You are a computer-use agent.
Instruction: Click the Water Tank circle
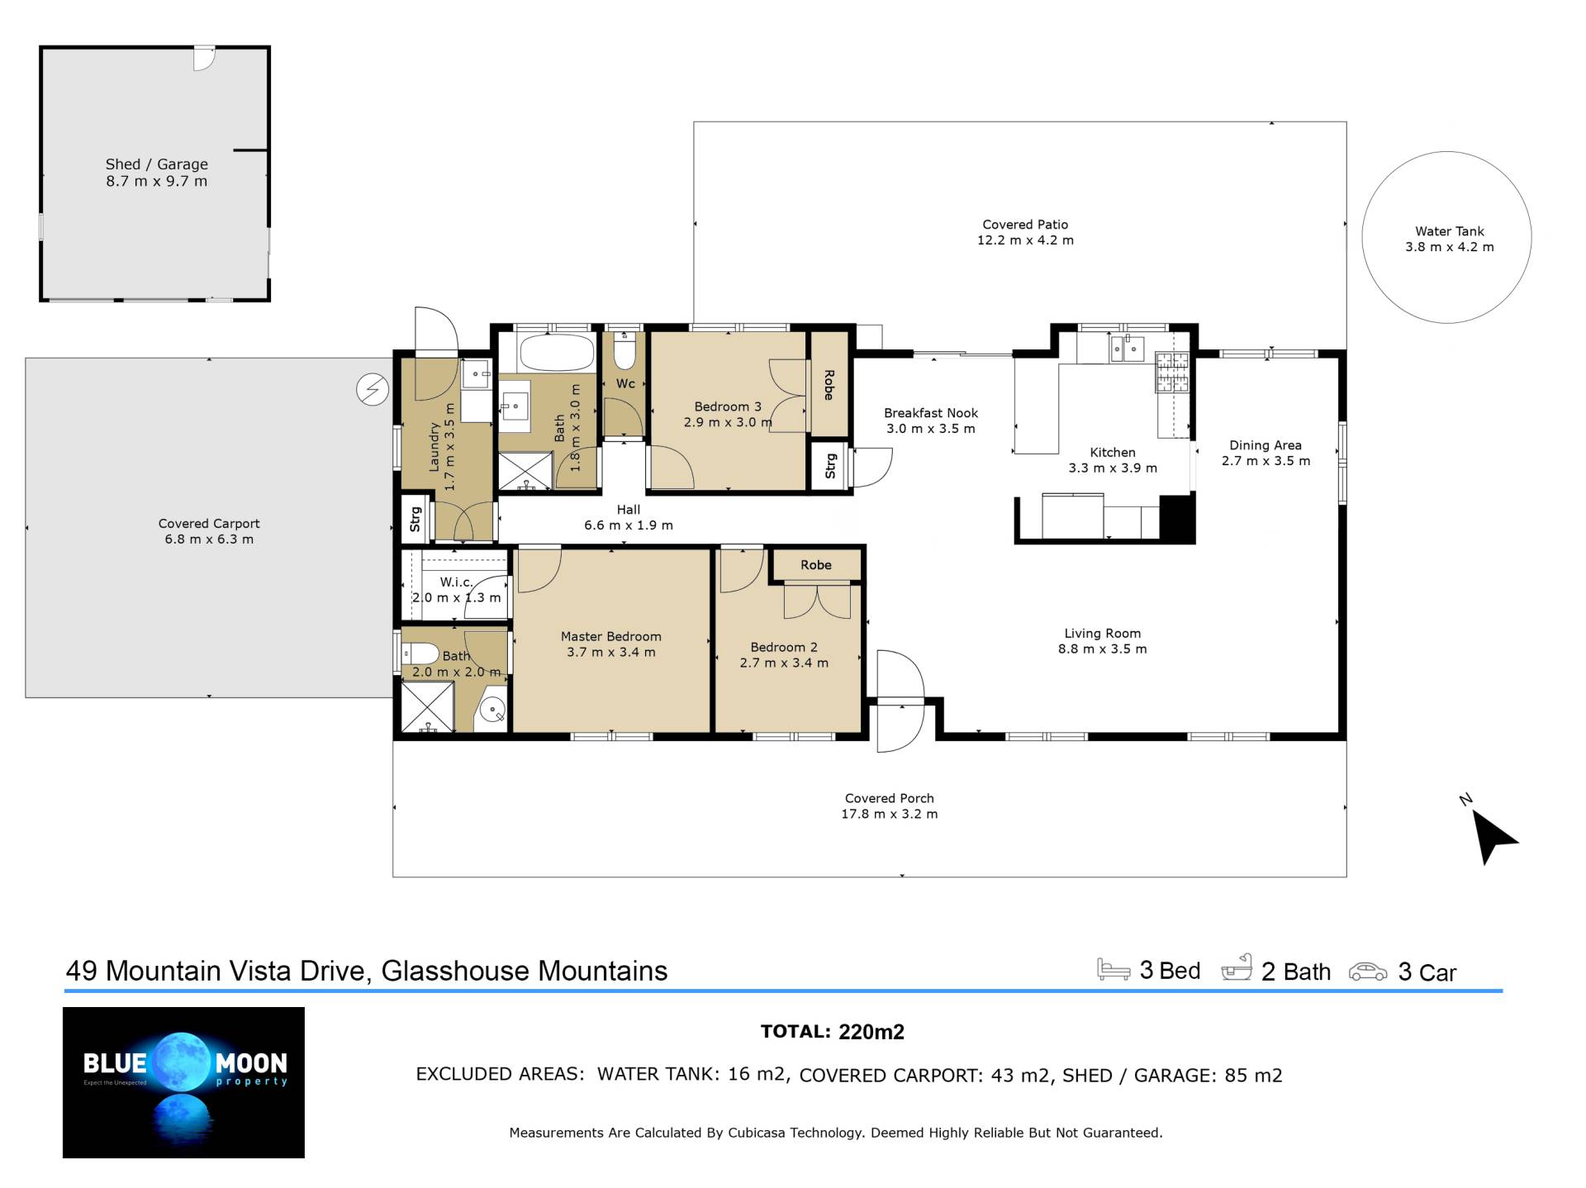click(1363, 238)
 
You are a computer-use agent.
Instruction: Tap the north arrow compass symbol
click(1492, 835)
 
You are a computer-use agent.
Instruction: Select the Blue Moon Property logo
click(183, 1082)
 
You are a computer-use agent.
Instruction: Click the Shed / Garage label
click(157, 164)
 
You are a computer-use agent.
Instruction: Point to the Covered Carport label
click(209, 524)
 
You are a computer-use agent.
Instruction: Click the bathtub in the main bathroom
click(557, 353)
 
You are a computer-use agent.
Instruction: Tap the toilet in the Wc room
click(625, 350)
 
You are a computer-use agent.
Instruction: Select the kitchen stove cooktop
click(1171, 373)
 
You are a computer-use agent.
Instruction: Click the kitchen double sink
click(1127, 349)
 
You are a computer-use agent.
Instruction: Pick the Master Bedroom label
click(611, 637)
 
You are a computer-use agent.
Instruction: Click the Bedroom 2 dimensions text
click(784, 663)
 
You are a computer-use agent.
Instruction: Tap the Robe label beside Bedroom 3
click(829, 385)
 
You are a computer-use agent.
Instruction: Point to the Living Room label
click(1103, 634)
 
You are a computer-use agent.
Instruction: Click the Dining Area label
click(1265, 445)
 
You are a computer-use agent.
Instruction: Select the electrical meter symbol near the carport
click(373, 389)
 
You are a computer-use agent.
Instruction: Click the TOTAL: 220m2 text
click(833, 1032)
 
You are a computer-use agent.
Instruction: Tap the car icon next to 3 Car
click(1368, 972)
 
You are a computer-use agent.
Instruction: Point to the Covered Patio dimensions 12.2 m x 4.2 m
click(1025, 240)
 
